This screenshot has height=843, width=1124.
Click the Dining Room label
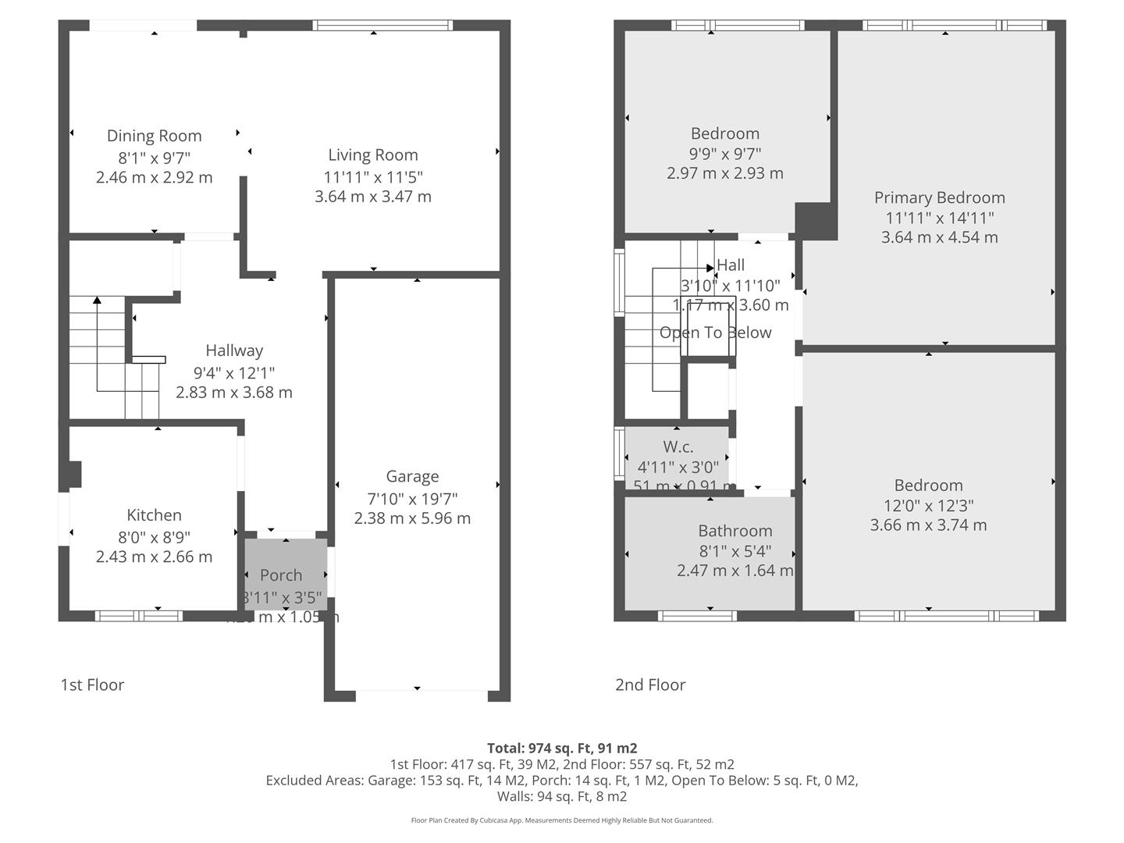point(154,136)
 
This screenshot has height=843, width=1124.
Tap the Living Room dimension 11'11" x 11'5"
point(373,176)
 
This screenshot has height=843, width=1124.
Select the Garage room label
point(412,476)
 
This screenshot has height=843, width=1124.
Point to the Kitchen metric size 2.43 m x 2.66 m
point(154,557)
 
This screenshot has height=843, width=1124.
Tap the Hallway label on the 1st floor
point(234,350)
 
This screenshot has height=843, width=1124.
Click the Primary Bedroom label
point(939,197)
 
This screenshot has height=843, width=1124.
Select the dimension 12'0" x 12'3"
point(928,505)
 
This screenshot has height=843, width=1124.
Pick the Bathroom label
point(735,531)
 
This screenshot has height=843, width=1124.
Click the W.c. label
point(678,446)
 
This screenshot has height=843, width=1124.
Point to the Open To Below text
point(715,333)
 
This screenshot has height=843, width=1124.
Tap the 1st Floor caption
point(92,685)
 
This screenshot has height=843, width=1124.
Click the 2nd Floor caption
point(649,685)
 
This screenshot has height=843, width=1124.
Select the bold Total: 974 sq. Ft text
point(562,748)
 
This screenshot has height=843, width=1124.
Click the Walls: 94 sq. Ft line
point(562,796)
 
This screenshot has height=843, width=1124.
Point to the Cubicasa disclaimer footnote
point(562,820)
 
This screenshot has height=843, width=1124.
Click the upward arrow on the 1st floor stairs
point(97,301)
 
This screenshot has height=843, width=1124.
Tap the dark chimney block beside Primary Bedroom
point(815,220)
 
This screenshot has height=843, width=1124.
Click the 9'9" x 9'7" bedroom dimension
point(724,154)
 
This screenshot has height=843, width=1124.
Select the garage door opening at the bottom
point(417,690)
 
